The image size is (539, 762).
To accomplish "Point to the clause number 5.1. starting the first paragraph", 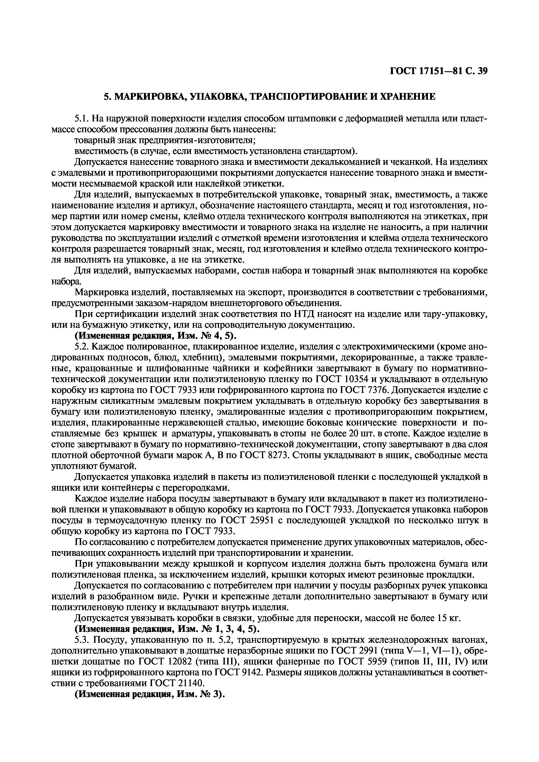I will (x=82, y=118).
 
